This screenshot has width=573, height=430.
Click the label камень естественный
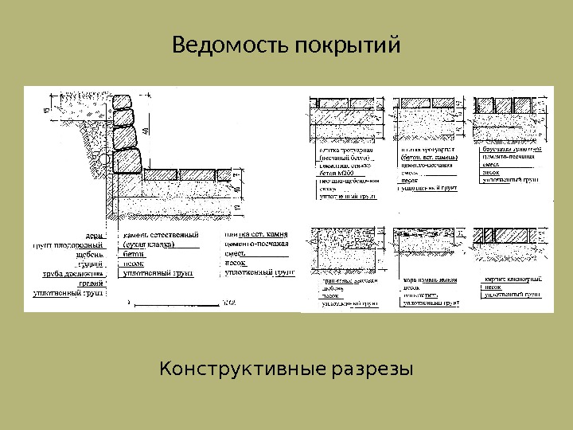click(x=159, y=236)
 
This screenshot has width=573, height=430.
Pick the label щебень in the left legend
click(x=88, y=255)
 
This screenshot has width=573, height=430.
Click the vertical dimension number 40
click(x=147, y=129)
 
